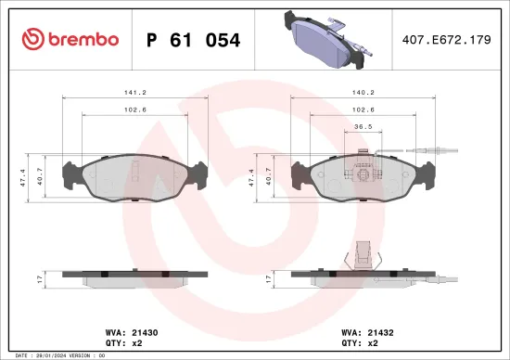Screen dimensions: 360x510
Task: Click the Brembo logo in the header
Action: pos(70,39)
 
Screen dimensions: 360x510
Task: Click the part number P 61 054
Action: pos(194,40)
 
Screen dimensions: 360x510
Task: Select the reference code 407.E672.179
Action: pos(446,40)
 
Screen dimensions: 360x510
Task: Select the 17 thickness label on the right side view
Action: pos(268,277)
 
